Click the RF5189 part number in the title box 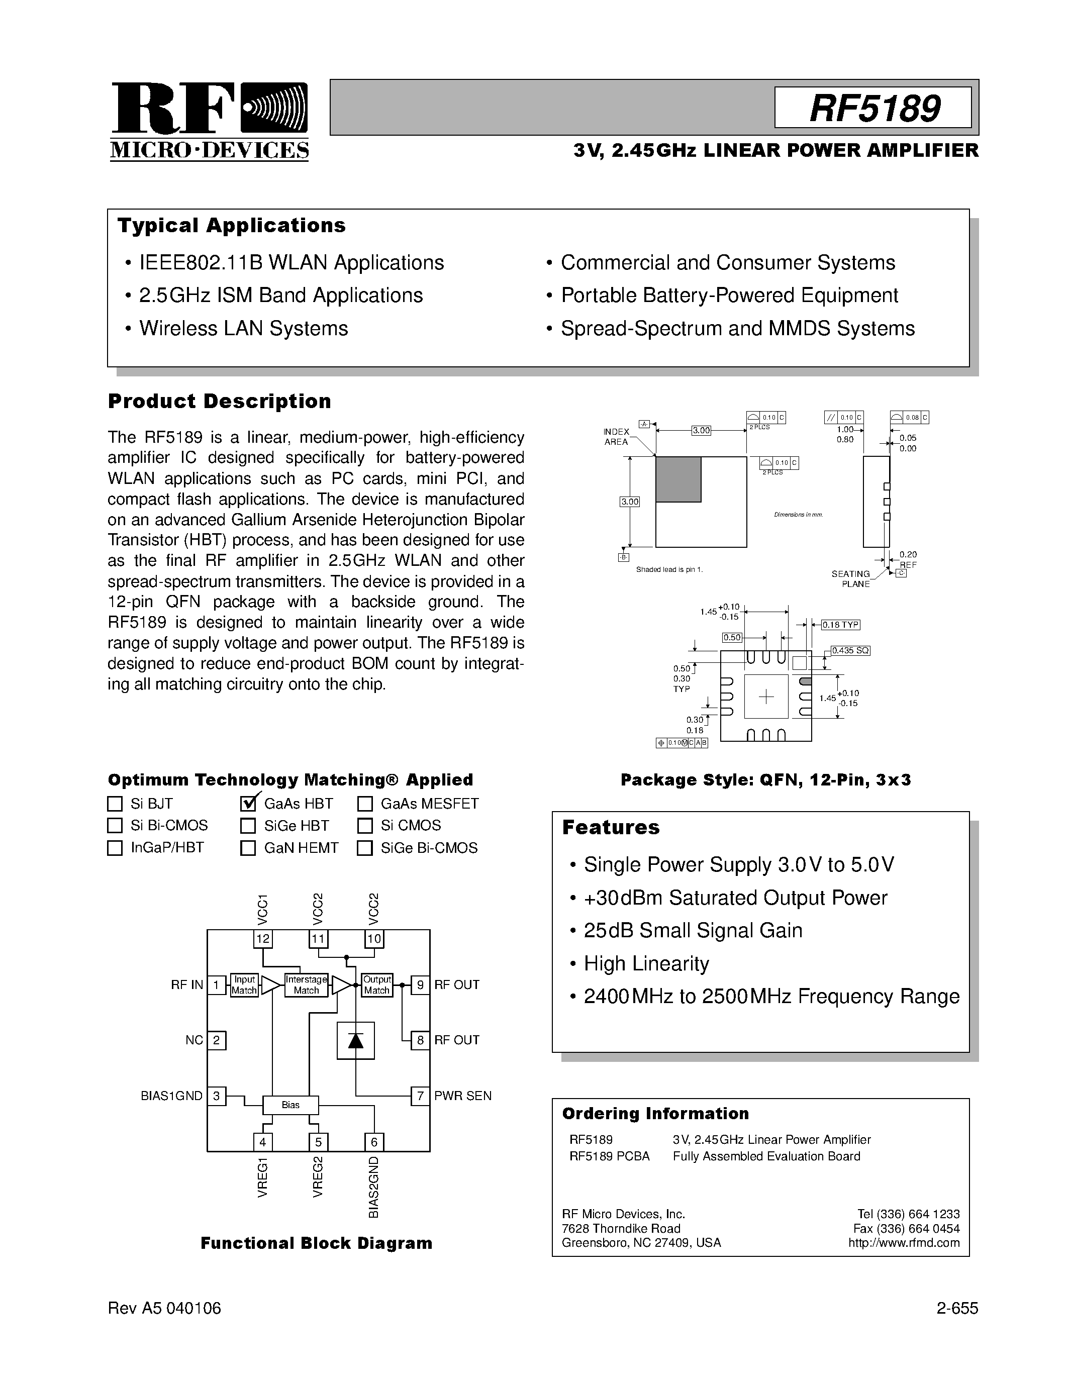pos(874,108)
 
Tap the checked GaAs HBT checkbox pos(248,804)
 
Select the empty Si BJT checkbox pos(115,804)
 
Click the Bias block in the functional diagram pos(290,1105)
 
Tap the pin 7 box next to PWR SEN pos(420,1096)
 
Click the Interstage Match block pos(306,984)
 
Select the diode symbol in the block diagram pos(355,1040)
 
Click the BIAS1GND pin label pos(171,1096)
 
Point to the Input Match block pos(244,984)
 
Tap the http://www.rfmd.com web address pos(904,1243)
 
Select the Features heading pos(611,827)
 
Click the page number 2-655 pos(957,1308)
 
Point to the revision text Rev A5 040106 pos(164,1308)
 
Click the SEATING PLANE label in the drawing pos(851,578)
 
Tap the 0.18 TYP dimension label pos(841,625)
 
